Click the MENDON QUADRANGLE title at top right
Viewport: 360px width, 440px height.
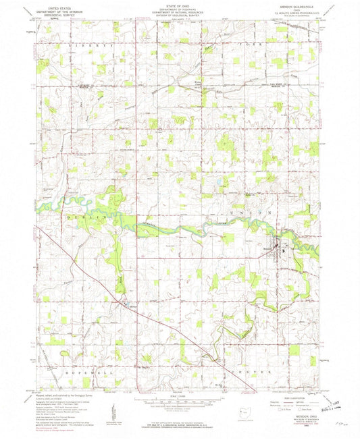(x=292, y=5)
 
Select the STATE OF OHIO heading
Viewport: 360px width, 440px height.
(x=179, y=4)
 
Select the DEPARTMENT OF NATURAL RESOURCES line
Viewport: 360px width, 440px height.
(x=179, y=11)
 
